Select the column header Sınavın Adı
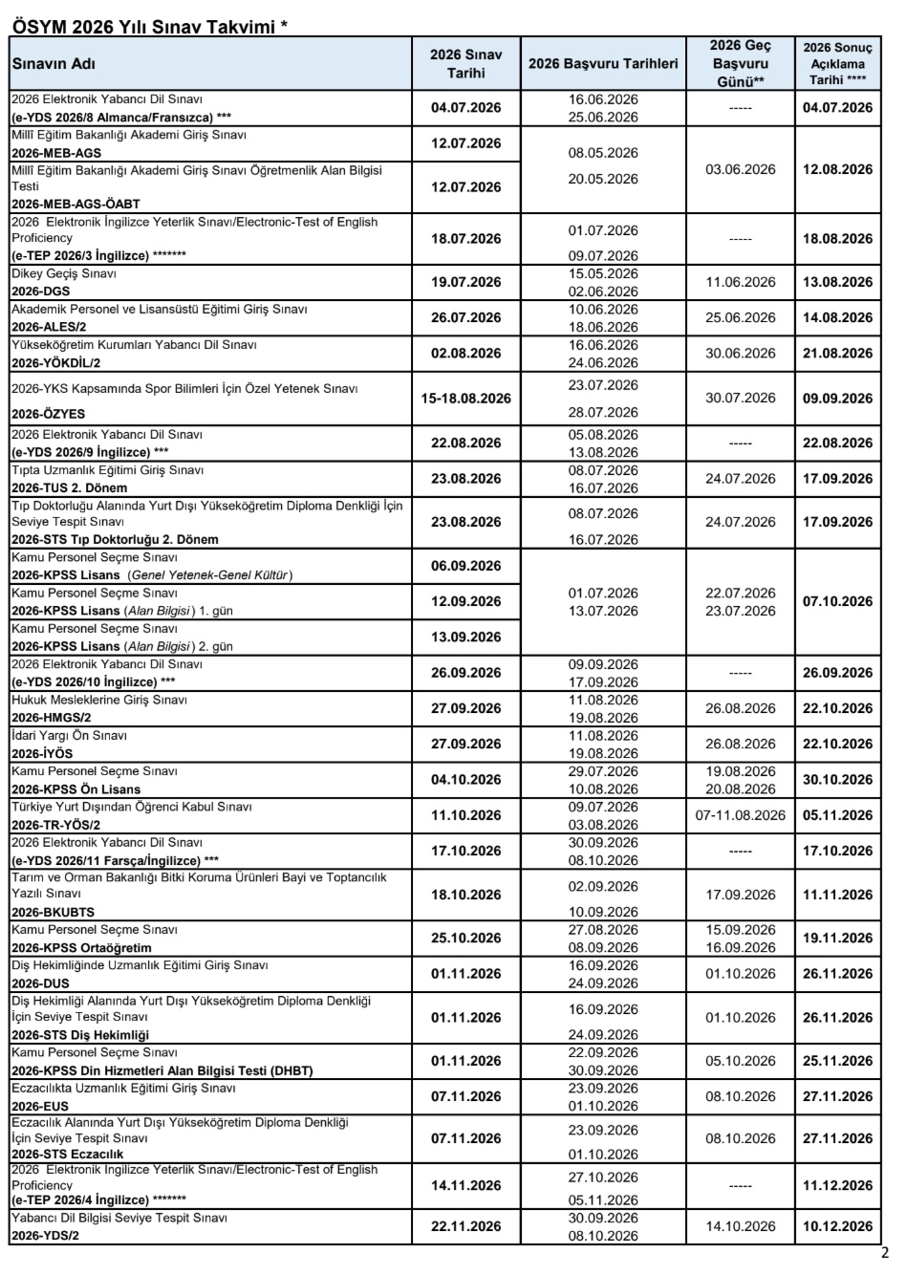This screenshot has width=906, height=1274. pyautogui.click(x=54, y=64)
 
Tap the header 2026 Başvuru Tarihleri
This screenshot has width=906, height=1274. pyautogui.click(x=603, y=64)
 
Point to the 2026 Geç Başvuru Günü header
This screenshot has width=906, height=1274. pyautogui.click(x=741, y=64)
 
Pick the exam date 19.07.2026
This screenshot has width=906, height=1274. pyautogui.click(x=465, y=282)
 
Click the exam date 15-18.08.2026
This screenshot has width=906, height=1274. pyautogui.click(x=465, y=398)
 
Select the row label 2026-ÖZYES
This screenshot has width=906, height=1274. pyautogui.click(x=48, y=415)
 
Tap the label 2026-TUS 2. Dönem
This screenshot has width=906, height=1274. pyautogui.click(x=69, y=487)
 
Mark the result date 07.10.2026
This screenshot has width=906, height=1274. pyautogui.click(x=837, y=601)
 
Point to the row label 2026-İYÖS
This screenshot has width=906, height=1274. pyautogui.click(x=41, y=753)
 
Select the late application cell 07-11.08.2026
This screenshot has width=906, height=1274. pyautogui.click(x=741, y=815)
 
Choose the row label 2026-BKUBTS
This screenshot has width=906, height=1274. pyautogui.click(x=53, y=912)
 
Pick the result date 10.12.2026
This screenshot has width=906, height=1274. pyautogui.click(x=837, y=1226)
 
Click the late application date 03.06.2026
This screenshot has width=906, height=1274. pyautogui.click(x=741, y=169)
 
